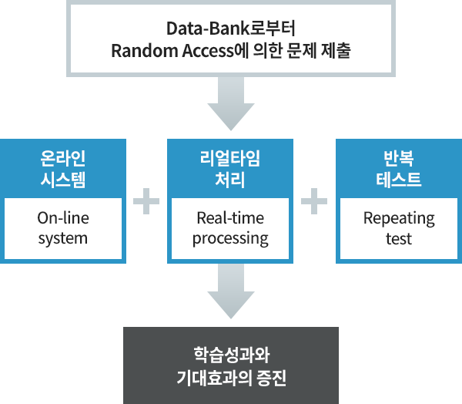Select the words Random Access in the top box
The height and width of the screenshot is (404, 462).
pos(172,51)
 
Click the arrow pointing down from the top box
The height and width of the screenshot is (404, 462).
pos(231,103)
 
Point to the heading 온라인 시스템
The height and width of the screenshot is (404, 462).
pos(63,169)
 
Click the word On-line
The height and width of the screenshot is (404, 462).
pos(63,218)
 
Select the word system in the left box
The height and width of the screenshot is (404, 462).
pos(63,238)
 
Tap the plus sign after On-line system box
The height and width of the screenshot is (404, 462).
pos(146,201)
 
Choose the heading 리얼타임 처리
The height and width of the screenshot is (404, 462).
pos(230,169)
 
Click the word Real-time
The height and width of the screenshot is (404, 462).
pos(230,218)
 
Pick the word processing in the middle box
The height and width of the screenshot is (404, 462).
pos(230,239)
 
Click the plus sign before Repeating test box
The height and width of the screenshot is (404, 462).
pos(314,201)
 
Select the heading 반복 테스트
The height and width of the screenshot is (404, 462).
pos(399,169)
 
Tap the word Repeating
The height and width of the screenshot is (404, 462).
pos(399,219)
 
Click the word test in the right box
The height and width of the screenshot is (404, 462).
pos(399,239)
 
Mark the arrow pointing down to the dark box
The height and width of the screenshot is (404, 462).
pos(231,291)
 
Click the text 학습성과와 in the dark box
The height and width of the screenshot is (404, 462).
pos(231,355)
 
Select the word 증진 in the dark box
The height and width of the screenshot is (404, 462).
pos(272,378)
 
